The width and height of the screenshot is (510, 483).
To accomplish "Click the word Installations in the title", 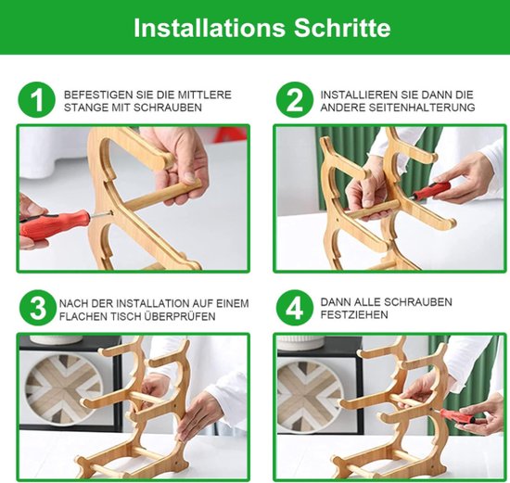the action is pos(210,28).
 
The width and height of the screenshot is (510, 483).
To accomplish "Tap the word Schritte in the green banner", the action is pos(342,28).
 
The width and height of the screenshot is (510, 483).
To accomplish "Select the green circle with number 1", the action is pos(37,100).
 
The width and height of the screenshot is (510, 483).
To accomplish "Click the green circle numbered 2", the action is pos(295,100).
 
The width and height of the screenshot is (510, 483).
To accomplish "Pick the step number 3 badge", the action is pos(38,308).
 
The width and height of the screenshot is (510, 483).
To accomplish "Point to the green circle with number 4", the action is pos(295,308).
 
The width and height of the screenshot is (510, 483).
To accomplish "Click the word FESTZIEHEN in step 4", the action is pos(354,315).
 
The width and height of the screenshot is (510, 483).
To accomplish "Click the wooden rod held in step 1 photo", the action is pos(162,196).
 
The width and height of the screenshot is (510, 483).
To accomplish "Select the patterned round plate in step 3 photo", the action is pos(64,389).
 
